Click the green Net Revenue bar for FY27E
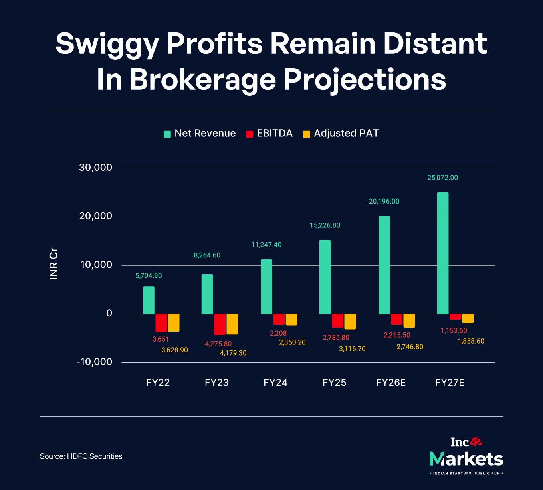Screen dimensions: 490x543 click(443, 253)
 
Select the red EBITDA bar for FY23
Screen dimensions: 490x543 click(220, 324)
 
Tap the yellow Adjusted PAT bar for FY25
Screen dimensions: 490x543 click(350, 321)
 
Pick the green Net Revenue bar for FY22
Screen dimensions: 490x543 click(149, 300)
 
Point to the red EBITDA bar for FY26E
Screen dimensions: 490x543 click(396, 319)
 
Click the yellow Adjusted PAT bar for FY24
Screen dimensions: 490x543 click(291, 320)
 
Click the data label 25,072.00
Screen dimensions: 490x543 click(442, 178)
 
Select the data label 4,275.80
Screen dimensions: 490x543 click(218, 344)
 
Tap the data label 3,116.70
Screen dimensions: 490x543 click(352, 349)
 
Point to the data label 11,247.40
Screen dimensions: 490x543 click(266, 245)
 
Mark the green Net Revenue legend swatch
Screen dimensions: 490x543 click(167, 134)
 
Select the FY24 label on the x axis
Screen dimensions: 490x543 click(275, 383)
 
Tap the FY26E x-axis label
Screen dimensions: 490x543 click(391, 383)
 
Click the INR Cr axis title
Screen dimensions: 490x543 click(54, 265)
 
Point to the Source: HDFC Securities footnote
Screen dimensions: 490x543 click(81, 456)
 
